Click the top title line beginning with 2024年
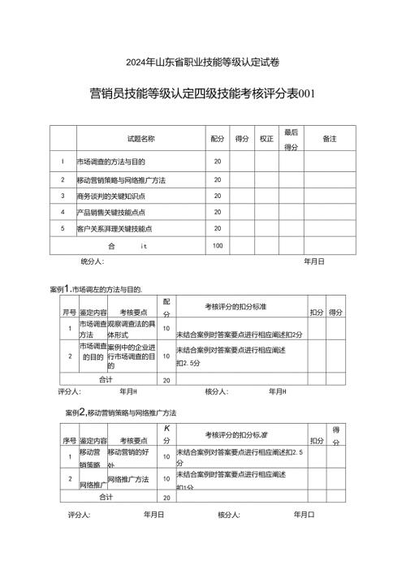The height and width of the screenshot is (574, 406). pyautogui.click(x=203, y=62)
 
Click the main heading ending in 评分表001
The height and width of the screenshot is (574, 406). pyautogui.click(x=203, y=93)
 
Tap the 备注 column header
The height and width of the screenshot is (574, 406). pyautogui.click(x=329, y=140)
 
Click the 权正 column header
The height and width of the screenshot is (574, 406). pyautogui.click(x=266, y=140)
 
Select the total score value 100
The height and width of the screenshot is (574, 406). pyautogui.click(x=218, y=245)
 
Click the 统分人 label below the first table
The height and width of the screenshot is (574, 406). pyautogui.click(x=92, y=262)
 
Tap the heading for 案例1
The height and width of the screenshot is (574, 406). pyautogui.click(x=96, y=289)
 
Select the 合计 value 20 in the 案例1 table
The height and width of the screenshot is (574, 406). pyautogui.click(x=166, y=379)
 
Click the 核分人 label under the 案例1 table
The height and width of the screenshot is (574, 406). pyautogui.click(x=216, y=391)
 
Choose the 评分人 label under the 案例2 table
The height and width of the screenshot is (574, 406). pyautogui.click(x=79, y=514)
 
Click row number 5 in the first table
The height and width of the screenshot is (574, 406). pyautogui.click(x=63, y=229)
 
